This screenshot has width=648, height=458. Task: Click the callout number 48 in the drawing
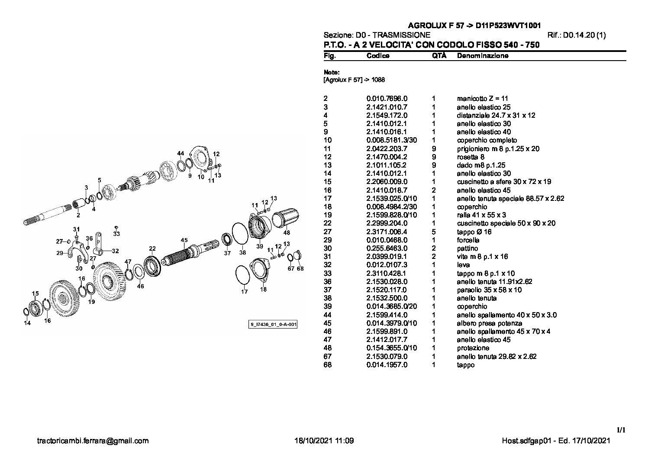pyautogui.click(x=287, y=232)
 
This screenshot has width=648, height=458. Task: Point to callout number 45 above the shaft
pyautogui.click(x=184, y=240)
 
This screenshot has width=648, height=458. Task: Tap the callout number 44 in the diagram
pyautogui.click(x=181, y=154)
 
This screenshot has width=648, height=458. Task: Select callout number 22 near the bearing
pyautogui.click(x=152, y=248)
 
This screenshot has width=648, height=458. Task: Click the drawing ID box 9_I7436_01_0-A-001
pyautogui.click(x=273, y=324)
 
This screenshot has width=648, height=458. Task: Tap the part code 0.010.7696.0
pyautogui.click(x=387, y=99)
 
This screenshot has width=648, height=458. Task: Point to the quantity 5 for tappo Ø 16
pyautogui.click(x=434, y=232)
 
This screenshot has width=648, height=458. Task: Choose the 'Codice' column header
pyautogui.click(x=377, y=56)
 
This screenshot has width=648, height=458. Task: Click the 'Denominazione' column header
pyautogui.click(x=482, y=56)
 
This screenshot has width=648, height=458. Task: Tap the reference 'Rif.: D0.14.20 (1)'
pyautogui.click(x=577, y=35)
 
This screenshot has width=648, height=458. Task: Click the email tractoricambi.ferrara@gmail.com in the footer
pyautogui.click(x=93, y=441)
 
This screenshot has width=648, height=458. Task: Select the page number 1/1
pyautogui.click(x=621, y=430)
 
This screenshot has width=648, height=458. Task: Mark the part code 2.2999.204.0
pyautogui.click(x=387, y=223)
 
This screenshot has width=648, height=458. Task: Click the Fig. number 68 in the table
pyautogui.click(x=327, y=365)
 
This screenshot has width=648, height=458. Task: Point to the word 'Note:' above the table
pyautogui.click(x=332, y=72)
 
